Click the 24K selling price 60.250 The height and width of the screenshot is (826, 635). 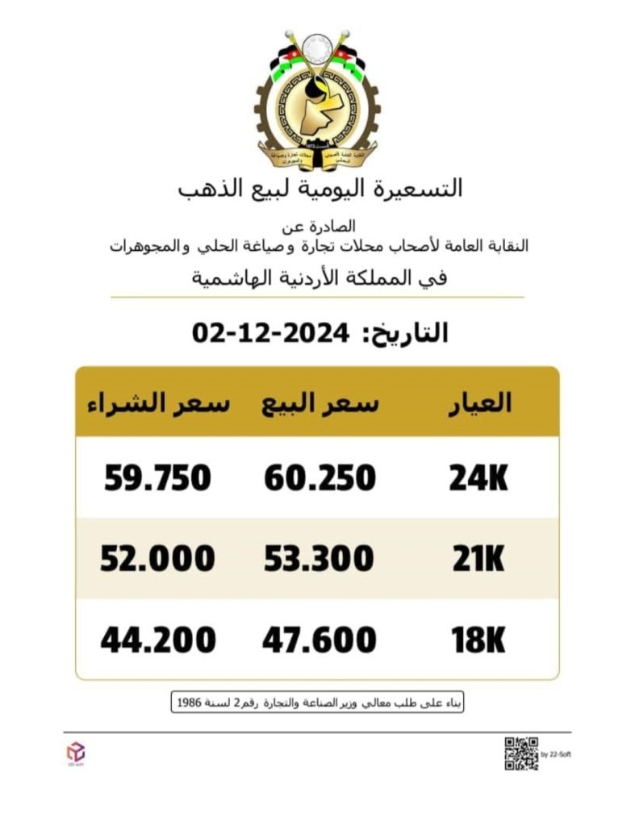pyautogui.click(x=320, y=478)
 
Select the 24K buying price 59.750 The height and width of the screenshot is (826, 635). pyautogui.click(x=157, y=478)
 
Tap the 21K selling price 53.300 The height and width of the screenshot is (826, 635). pyautogui.click(x=320, y=558)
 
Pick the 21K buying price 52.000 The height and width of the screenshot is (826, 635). pyautogui.click(x=157, y=558)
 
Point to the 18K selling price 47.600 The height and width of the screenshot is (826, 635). pyautogui.click(x=320, y=640)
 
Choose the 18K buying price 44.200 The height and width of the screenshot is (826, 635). pyautogui.click(x=158, y=640)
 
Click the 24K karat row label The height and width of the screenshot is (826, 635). pyautogui.click(x=478, y=478)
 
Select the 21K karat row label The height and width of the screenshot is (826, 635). pyautogui.click(x=478, y=558)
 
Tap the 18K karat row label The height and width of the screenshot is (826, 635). pyautogui.click(x=478, y=640)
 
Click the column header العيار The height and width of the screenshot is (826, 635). pyautogui.click(x=480, y=403)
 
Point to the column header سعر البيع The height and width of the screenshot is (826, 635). pyautogui.click(x=320, y=403)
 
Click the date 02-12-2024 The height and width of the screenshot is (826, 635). pyautogui.click(x=271, y=332)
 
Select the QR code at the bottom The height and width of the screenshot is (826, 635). pyautogui.click(x=520, y=753)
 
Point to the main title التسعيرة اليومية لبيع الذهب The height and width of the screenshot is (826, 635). pyautogui.click(x=320, y=189)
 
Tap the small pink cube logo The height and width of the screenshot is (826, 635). pyautogui.click(x=74, y=750)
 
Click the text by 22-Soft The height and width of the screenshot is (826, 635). pyautogui.click(x=555, y=754)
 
